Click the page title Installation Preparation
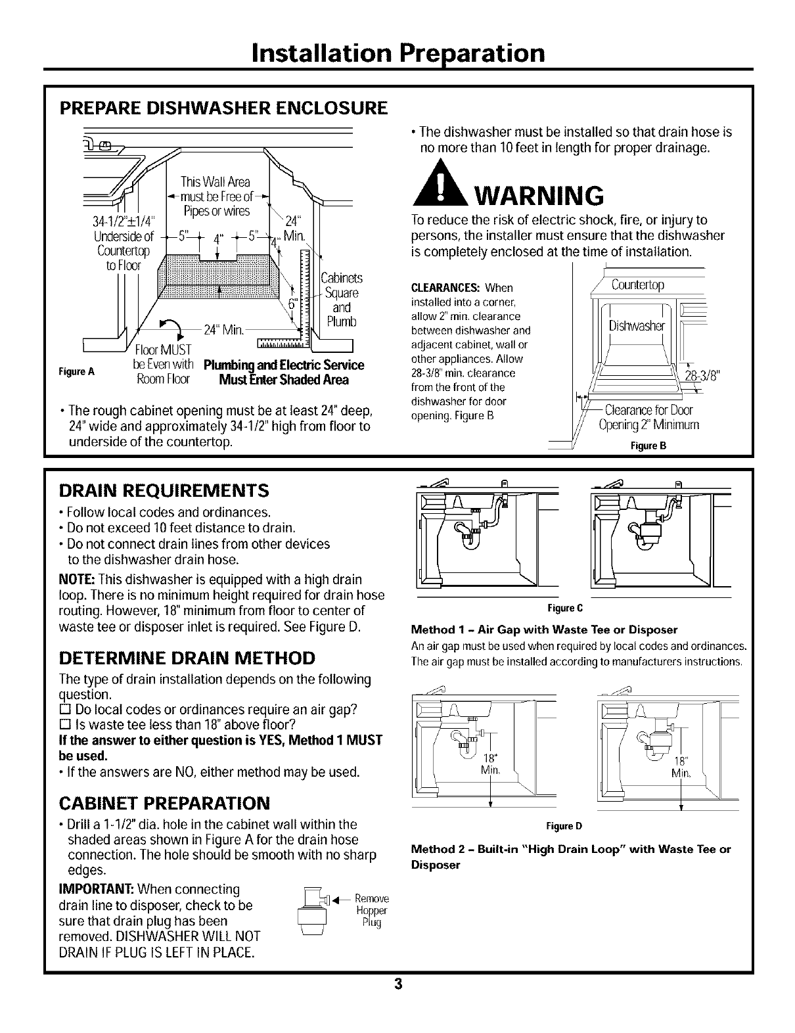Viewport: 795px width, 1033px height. click(397, 52)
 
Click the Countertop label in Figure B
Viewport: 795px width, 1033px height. click(637, 285)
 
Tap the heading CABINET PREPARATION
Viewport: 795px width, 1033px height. click(164, 803)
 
